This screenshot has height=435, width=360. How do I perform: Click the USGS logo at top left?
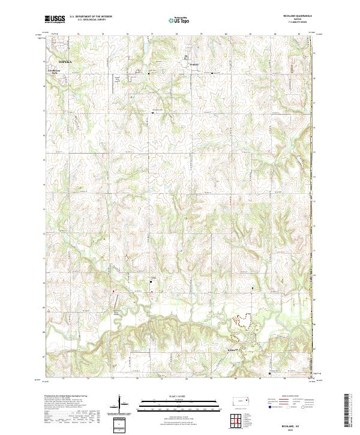(55, 19)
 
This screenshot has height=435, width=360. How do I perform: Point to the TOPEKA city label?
(65, 61)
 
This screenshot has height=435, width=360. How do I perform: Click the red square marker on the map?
(112, 292)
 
